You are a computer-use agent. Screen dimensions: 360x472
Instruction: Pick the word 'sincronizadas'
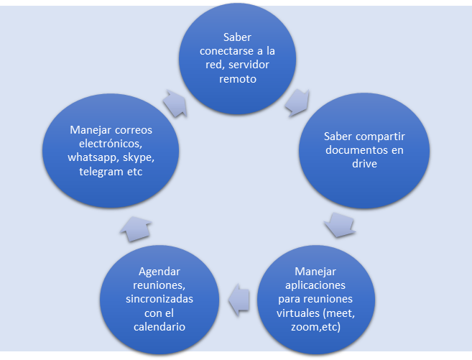pyautogui.click(x=158, y=299)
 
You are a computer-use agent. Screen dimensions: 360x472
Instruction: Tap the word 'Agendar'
pyautogui.click(x=158, y=272)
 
